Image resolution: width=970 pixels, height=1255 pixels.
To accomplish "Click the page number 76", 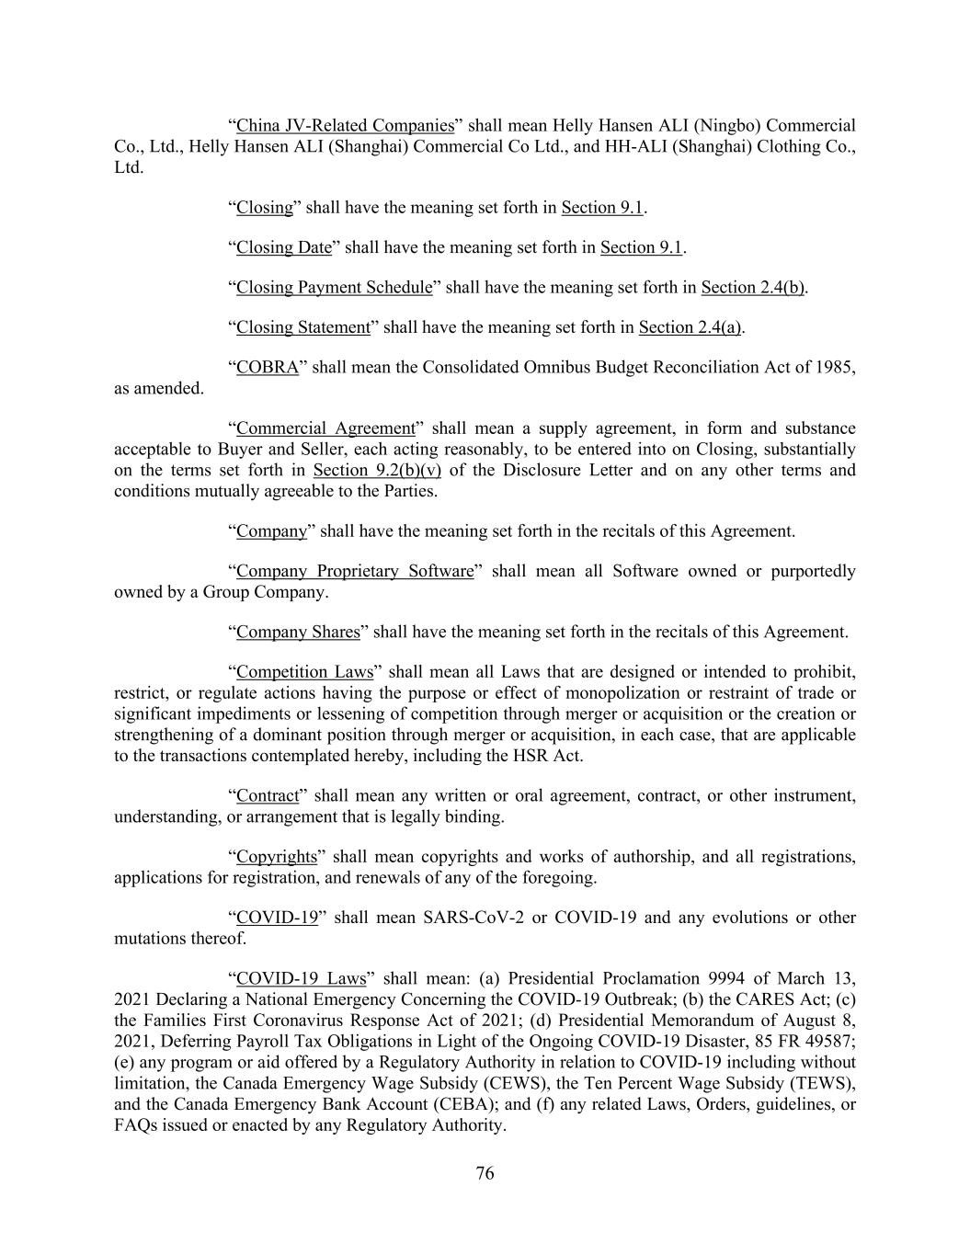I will [x=485, y=1173].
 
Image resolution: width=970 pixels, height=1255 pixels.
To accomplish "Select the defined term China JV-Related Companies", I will [x=345, y=125].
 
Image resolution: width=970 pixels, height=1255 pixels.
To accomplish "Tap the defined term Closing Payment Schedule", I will [x=334, y=287].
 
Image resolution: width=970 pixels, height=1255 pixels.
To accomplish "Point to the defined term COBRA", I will [x=268, y=367].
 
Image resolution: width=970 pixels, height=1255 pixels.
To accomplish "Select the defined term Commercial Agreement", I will [x=325, y=428].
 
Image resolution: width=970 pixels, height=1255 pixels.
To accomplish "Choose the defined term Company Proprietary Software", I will [x=355, y=571].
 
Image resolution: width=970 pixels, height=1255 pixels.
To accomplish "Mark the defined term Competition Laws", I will [x=304, y=671].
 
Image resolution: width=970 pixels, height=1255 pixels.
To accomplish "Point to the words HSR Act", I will [x=546, y=756].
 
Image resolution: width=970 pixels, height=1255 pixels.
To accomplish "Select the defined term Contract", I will [x=268, y=795].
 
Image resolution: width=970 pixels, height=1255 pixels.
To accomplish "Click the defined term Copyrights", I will [x=276, y=856].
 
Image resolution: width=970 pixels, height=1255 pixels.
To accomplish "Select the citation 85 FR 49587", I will [x=799, y=1041].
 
